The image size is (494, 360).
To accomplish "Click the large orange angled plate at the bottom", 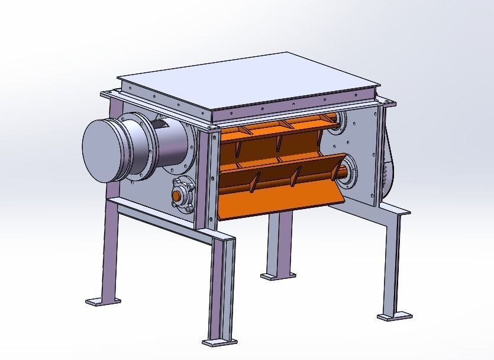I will pos(278,198).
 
